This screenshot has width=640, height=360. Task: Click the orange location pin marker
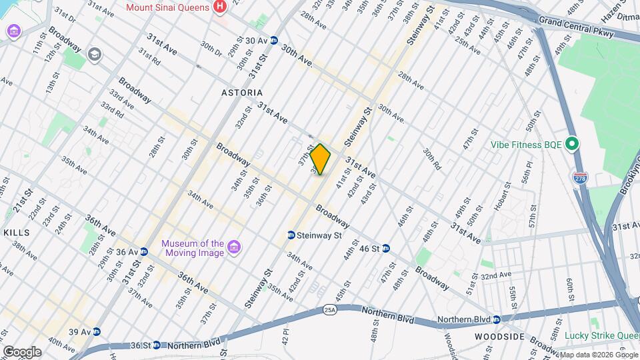tap(320, 159)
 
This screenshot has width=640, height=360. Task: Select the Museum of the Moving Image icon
tap(233, 248)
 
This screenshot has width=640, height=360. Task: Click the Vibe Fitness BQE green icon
tap(571, 144)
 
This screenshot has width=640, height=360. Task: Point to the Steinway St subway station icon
tap(291, 235)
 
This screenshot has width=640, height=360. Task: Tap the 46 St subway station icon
tap(386, 249)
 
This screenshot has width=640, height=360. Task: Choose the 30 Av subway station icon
tap(273, 41)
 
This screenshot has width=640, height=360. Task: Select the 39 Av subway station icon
tap(97, 331)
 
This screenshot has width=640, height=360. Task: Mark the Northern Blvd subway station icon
tap(441, 320)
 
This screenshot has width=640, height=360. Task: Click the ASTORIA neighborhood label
tap(242, 93)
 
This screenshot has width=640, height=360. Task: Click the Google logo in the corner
tap(21, 351)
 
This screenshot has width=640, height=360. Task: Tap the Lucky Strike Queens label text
tap(602, 335)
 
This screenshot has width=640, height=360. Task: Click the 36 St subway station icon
tap(157, 345)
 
